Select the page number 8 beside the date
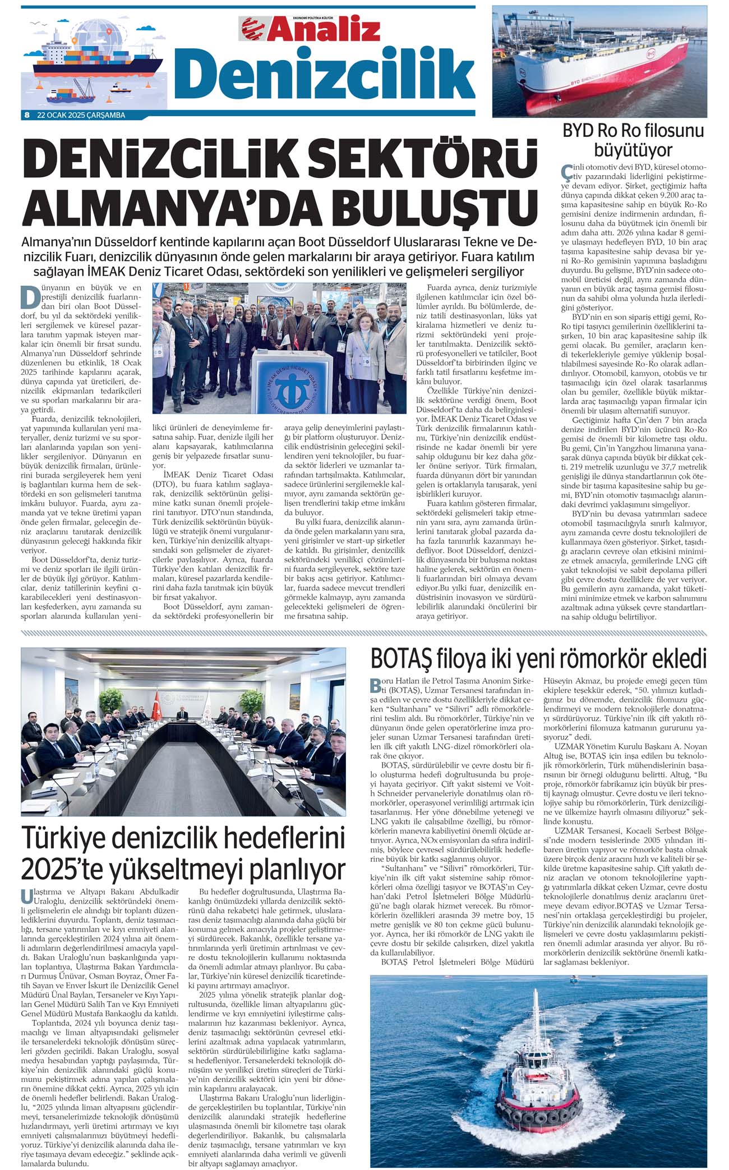(26, 116)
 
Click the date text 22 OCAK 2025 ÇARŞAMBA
(81, 116)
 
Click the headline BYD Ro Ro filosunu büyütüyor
(633, 140)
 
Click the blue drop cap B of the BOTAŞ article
(375, 686)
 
